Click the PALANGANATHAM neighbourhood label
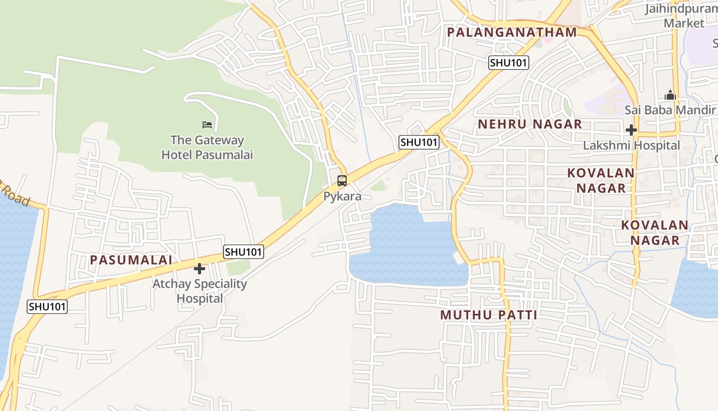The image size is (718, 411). click(512, 32)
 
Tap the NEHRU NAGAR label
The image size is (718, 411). click(530, 124)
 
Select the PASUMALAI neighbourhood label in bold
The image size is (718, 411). click(131, 260)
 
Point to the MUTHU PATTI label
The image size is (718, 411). click(489, 315)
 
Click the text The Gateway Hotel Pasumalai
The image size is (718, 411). click(207, 147)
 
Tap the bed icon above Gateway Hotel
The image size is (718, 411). click(207, 125)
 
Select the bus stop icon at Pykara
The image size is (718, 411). click(342, 181)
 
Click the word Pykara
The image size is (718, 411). click(342, 196)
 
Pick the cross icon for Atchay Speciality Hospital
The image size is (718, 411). click(200, 269)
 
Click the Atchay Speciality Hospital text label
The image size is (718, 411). click(200, 291)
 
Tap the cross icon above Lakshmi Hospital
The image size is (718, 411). click(631, 130)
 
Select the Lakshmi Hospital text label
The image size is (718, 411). click(631, 145)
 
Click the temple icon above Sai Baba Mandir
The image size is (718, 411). click(670, 96)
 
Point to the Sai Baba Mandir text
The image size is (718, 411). click(670, 110)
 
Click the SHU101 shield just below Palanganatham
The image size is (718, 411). click(508, 63)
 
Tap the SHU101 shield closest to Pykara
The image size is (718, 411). click(419, 142)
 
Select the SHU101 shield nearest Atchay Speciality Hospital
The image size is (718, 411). click(244, 252)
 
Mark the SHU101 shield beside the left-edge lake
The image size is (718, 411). click(47, 306)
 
